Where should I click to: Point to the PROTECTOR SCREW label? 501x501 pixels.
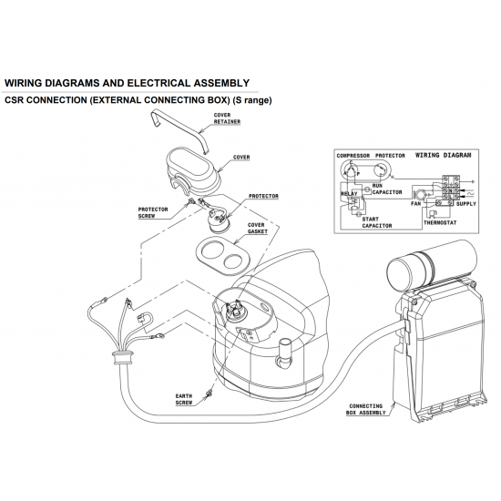[x=154, y=211]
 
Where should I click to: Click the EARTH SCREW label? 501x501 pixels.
[x=185, y=399]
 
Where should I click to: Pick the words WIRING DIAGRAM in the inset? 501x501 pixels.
[x=444, y=156]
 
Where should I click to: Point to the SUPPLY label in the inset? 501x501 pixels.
[x=465, y=203]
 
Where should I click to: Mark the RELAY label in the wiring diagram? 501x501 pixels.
[x=349, y=194]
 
